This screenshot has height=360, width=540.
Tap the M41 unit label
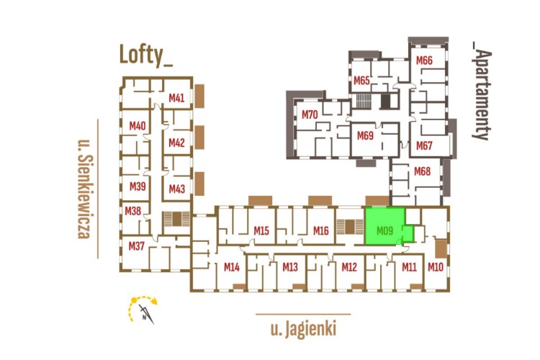[177, 98]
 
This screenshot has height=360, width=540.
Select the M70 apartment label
[310, 114]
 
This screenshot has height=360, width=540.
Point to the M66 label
[424, 60]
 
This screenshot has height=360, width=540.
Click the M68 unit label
[423, 171]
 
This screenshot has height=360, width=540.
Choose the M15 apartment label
[261, 231]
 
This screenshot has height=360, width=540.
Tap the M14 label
[231, 268]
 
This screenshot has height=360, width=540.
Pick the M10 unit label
[435, 268]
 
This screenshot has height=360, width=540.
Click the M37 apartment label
[137, 246]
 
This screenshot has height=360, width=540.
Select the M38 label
[132, 211]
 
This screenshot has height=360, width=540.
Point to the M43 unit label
[177, 189]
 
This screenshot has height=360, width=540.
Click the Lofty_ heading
[146, 55]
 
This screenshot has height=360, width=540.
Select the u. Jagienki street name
[303, 330]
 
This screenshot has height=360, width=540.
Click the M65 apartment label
[361, 80]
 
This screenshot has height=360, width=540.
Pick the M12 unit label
[349, 268]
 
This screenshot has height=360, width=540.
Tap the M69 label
[365, 135]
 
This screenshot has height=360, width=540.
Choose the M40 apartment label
[138, 126]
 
